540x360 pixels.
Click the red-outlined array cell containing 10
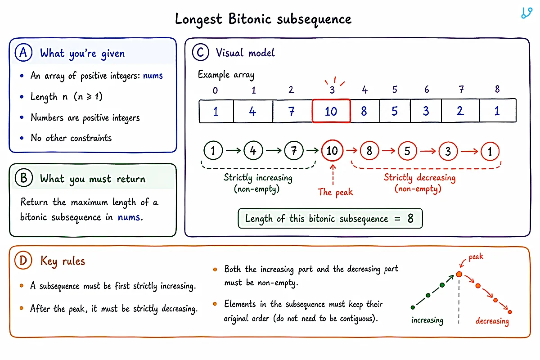tap(331, 111)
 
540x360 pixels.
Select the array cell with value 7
tap(292, 111)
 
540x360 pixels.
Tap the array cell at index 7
tap(460, 111)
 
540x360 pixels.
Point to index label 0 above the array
tap(215, 90)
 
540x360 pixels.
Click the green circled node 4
tap(253, 151)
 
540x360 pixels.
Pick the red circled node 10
tap(332, 151)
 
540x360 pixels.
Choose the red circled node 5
tap(407, 151)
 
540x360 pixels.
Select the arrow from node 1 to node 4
tap(234, 151)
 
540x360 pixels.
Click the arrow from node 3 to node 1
tap(469, 152)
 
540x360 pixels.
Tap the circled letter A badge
tap(23, 53)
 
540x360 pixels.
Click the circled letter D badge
tap(23, 261)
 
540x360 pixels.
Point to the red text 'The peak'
tap(335, 192)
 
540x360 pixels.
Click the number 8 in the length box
tap(410, 218)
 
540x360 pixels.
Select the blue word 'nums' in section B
tap(129, 217)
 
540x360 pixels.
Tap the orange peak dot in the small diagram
tap(459, 274)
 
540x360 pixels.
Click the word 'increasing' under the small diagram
tap(427, 320)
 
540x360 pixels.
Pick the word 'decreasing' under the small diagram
tap(492, 321)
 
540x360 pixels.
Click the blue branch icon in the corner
tap(526, 13)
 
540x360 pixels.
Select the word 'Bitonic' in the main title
tap(250, 19)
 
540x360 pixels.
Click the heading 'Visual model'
tap(245, 53)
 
